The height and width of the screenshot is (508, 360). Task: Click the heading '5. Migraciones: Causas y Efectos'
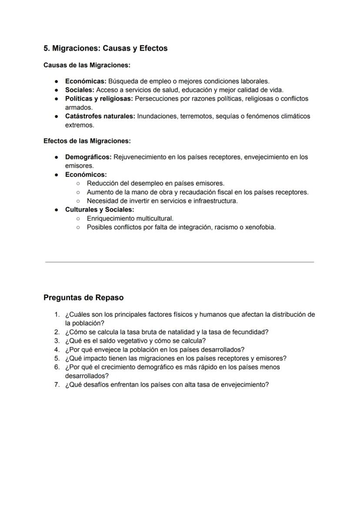(x=105, y=48)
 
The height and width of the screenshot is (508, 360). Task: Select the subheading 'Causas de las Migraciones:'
(x=87, y=65)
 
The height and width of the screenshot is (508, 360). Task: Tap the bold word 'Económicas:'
(x=86, y=81)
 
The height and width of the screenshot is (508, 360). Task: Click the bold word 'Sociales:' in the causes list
(x=80, y=90)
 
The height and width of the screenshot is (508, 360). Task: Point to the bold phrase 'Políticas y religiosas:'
(x=99, y=99)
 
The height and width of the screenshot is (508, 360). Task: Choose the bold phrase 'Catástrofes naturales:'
(x=100, y=116)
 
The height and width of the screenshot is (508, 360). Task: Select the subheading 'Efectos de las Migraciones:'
(x=87, y=141)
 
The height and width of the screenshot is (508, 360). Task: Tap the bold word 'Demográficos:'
(x=88, y=157)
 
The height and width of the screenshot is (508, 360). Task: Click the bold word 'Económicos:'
(x=86, y=174)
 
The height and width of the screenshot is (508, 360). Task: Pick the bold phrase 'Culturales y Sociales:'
(x=100, y=209)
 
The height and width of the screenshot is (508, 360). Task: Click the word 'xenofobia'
(x=260, y=227)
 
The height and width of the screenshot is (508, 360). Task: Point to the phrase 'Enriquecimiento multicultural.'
(x=130, y=218)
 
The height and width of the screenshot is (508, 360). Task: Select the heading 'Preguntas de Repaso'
(x=83, y=298)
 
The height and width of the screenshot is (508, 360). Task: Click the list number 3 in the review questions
(x=57, y=341)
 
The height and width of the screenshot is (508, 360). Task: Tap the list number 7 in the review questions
(x=57, y=385)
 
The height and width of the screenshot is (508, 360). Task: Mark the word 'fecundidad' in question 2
(x=251, y=332)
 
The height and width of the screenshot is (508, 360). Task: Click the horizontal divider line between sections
(x=180, y=262)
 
